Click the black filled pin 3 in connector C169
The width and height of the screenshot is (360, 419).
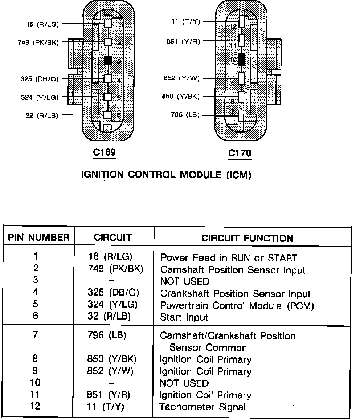(x=108, y=60)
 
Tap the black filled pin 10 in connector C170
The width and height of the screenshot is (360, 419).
(x=242, y=59)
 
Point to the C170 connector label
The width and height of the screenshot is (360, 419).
(x=240, y=153)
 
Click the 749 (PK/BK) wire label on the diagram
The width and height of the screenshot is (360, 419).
(x=38, y=42)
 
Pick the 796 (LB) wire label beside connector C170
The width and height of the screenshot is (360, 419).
(x=185, y=115)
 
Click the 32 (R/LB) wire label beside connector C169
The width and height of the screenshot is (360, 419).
(x=42, y=116)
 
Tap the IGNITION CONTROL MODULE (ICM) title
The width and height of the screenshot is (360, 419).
(x=165, y=175)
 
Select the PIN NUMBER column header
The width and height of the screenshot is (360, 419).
(x=39, y=238)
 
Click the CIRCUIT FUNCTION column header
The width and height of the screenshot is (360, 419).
(x=247, y=238)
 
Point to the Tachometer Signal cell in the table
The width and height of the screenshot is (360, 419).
(x=203, y=407)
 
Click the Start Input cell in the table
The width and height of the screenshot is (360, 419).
(x=184, y=317)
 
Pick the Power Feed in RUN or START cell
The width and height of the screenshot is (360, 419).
(x=229, y=258)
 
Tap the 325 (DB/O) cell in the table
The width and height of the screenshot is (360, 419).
(x=113, y=293)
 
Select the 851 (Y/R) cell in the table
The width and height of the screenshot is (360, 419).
(x=109, y=395)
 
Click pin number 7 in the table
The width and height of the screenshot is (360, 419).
(x=35, y=334)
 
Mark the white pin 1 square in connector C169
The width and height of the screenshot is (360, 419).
(x=108, y=24)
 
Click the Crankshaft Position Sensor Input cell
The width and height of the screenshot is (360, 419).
(x=235, y=294)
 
